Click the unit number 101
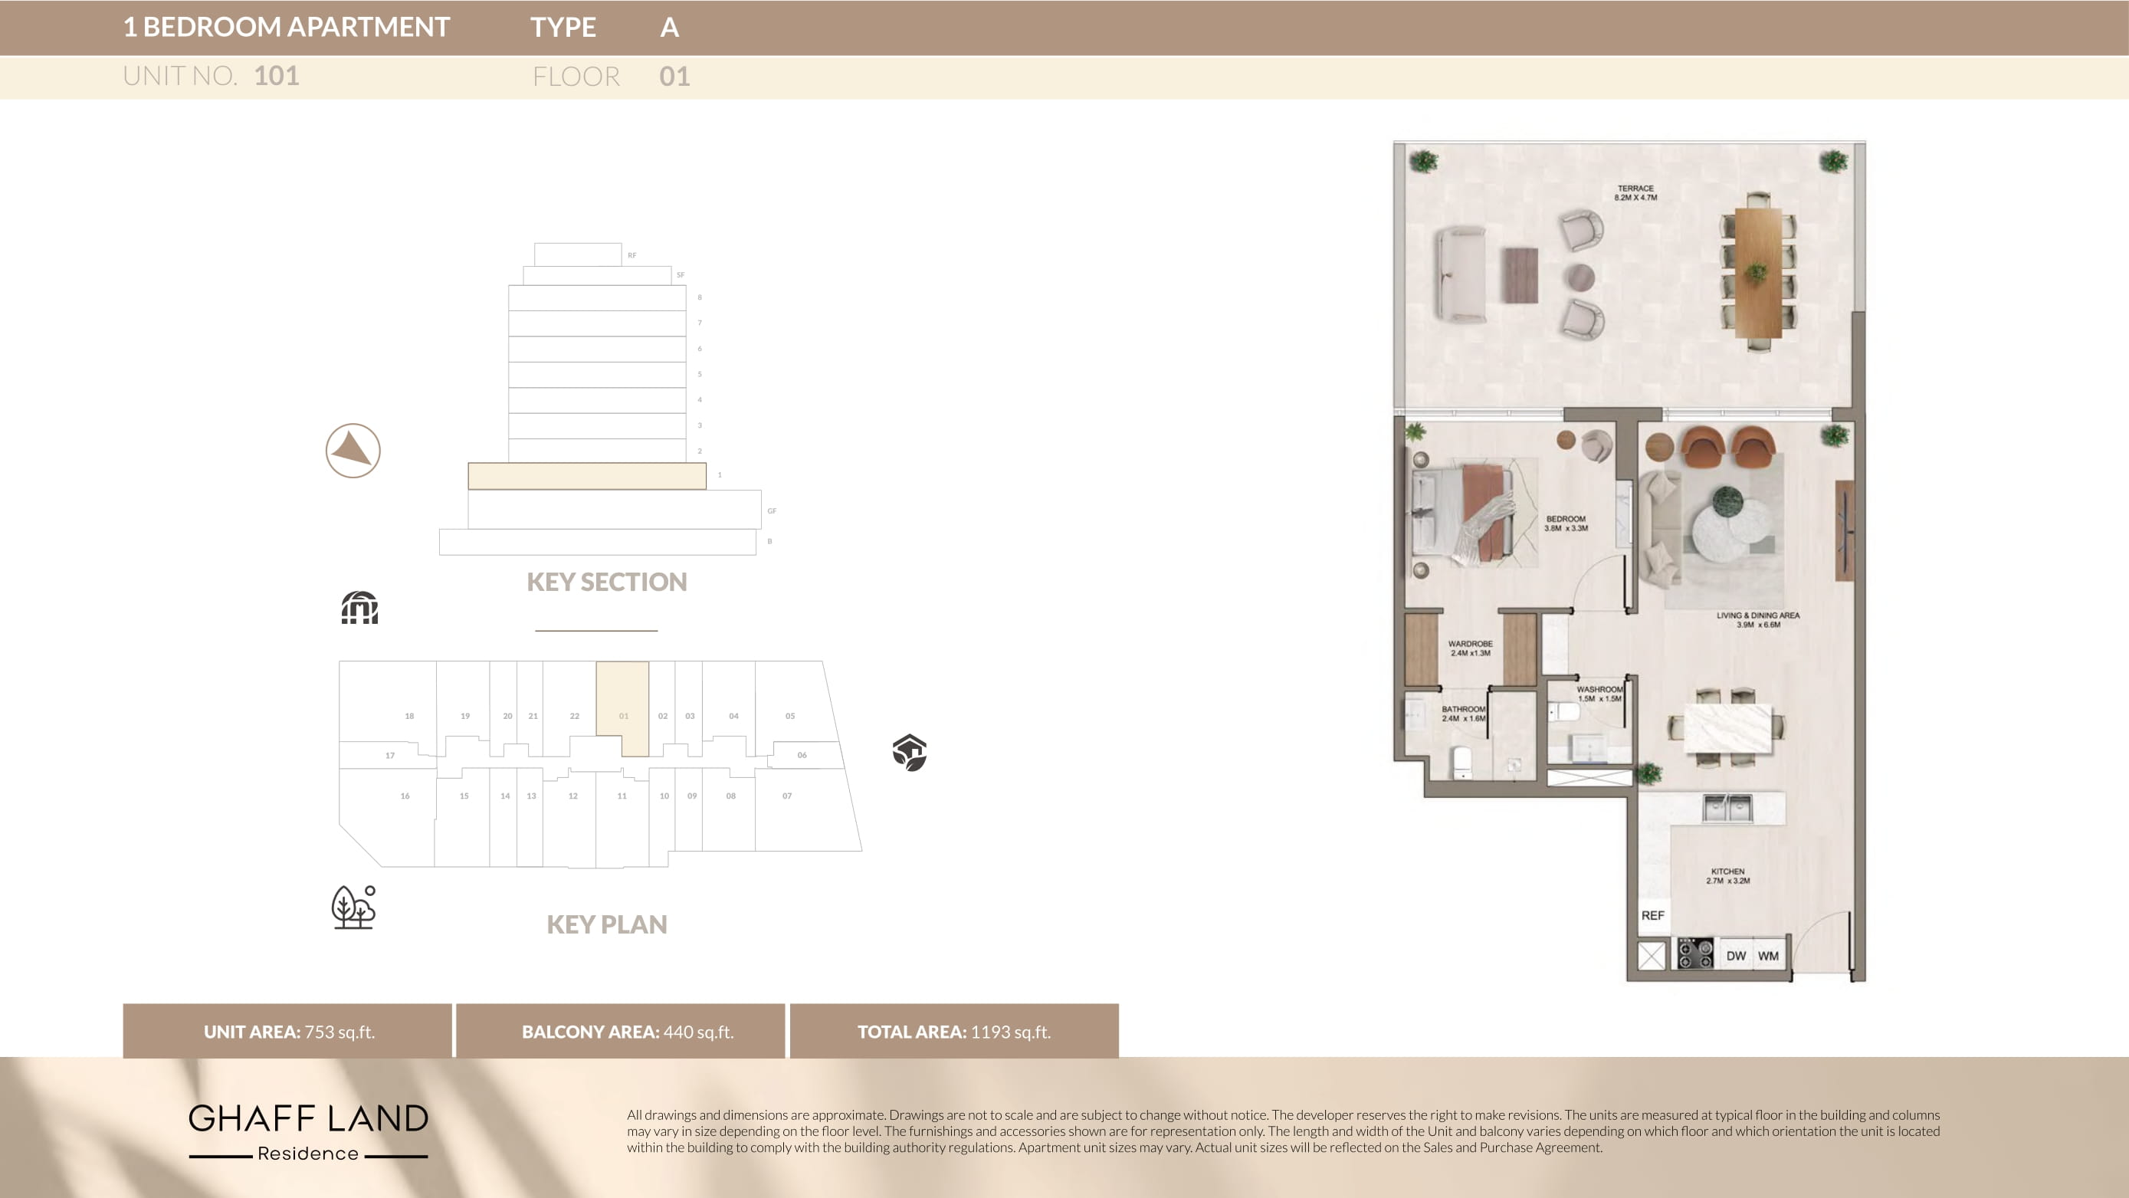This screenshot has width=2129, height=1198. click(x=276, y=76)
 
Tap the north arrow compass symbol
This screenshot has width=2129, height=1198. click(x=353, y=451)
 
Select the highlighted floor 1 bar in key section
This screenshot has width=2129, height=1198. click(x=587, y=476)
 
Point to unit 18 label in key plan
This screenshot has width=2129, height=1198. click(x=409, y=716)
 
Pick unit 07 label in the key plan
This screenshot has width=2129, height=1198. click(x=787, y=796)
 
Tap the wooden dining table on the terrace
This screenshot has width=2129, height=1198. click(x=1757, y=272)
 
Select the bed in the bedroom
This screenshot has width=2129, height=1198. click(x=1463, y=514)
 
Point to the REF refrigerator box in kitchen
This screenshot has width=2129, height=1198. click(x=1652, y=915)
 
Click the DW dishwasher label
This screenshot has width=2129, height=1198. click(x=1736, y=956)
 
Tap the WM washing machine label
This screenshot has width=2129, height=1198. click(x=1768, y=956)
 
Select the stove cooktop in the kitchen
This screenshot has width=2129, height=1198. click(x=1695, y=954)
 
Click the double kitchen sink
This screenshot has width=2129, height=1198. click(x=1727, y=807)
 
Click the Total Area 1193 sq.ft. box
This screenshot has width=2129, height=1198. click(x=953, y=1031)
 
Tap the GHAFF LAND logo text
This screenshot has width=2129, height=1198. click(x=308, y=1118)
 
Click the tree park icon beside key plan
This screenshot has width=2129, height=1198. click(x=354, y=908)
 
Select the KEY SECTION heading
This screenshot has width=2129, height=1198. click(x=607, y=582)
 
